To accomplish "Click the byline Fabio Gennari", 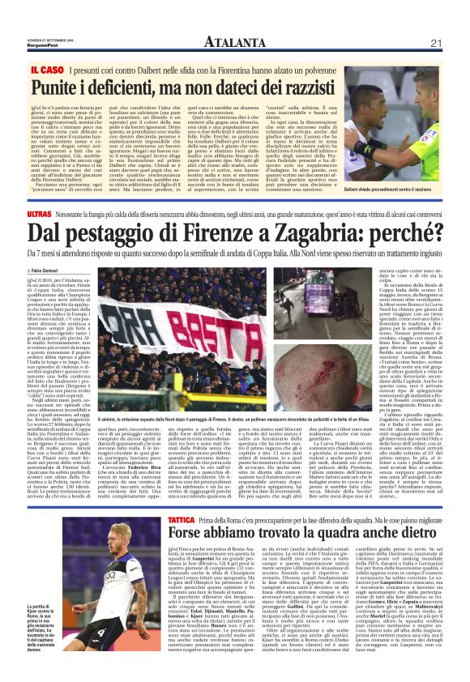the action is click(50, 269).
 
